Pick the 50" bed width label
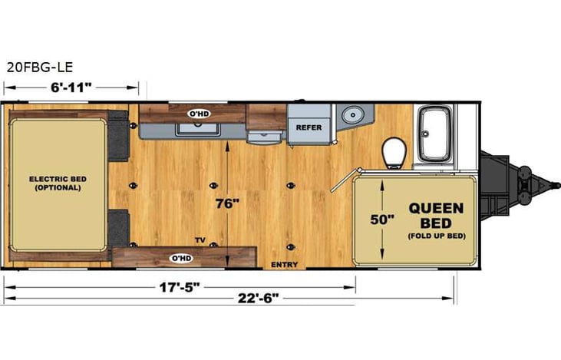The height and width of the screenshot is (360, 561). tap(381, 219)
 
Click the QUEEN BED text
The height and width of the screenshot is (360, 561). tap(435, 214)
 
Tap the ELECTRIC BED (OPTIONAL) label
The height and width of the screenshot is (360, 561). tap(58, 183)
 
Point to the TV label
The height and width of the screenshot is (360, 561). tap(200, 239)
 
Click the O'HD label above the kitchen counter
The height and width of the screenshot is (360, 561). tap(200, 113)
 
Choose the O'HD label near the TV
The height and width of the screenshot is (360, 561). tap(181, 257)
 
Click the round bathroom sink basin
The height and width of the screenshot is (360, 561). tap(353, 114)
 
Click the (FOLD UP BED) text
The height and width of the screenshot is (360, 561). tap(436, 236)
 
